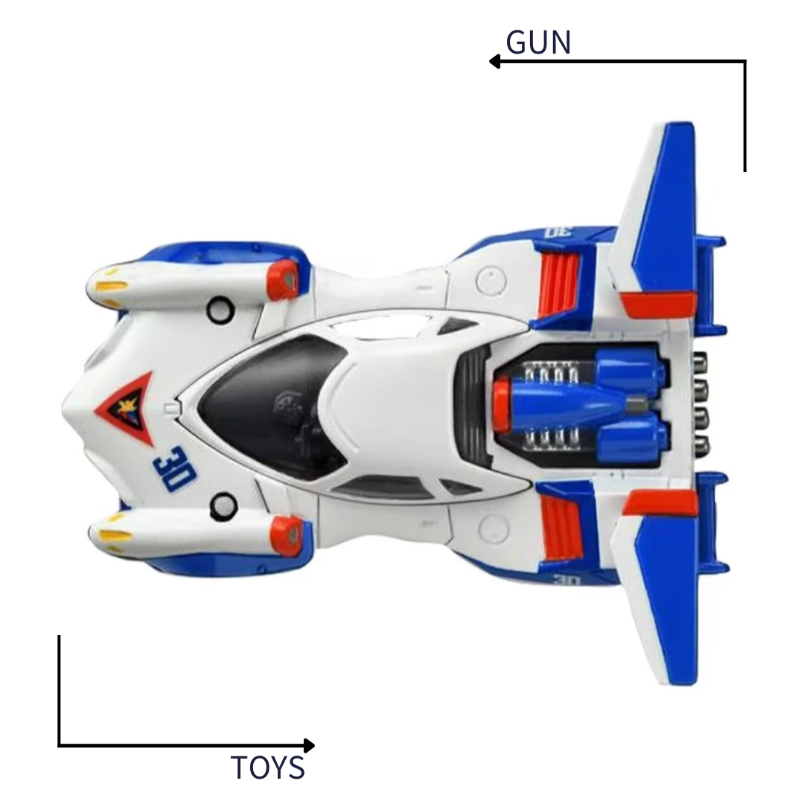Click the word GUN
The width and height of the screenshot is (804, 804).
pyautogui.click(x=538, y=43)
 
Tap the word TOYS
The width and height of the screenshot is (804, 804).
pyautogui.click(x=268, y=768)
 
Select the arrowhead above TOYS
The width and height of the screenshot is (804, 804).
pyautogui.click(x=309, y=745)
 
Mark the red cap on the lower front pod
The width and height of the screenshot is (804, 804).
pyautogui.click(x=286, y=534)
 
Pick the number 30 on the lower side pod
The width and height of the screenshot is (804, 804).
pyautogui.click(x=566, y=578)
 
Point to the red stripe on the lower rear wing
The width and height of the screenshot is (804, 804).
pyautogui.click(x=659, y=502)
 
